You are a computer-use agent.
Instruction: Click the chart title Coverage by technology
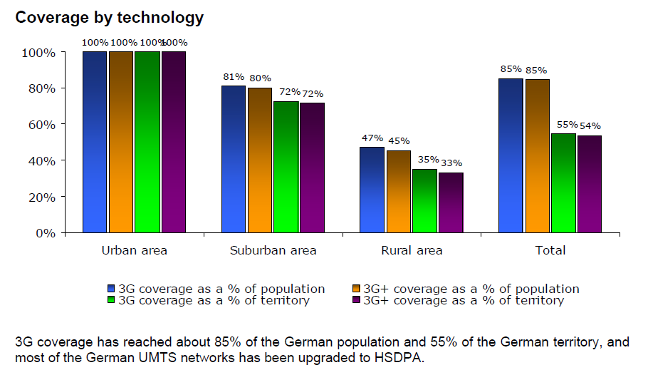(x=110, y=17)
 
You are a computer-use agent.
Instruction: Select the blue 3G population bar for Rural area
(x=372, y=190)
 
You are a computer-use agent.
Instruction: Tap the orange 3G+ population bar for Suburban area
(x=259, y=160)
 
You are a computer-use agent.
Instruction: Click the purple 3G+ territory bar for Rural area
(x=451, y=202)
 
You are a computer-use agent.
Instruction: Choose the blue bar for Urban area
(x=95, y=142)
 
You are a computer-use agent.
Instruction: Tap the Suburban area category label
(x=273, y=250)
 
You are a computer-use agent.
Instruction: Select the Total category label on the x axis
(x=550, y=250)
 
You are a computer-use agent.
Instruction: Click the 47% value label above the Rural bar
(x=372, y=138)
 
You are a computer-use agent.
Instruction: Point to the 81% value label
(x=233, y=77)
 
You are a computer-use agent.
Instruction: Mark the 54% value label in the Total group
(x=590, y=125)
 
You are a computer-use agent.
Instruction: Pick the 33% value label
(x=451, y=163)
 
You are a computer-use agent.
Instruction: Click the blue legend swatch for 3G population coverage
(x=111, y=289)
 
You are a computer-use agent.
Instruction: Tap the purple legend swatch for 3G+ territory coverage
(x=357, y=300)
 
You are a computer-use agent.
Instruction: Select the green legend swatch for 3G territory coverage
(x=111, y=300)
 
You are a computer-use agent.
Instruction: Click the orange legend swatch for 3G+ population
(x=357, y=289)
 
